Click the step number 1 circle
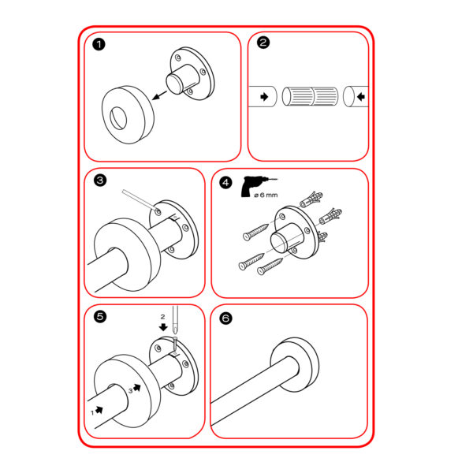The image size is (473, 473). click(x=99, y=45)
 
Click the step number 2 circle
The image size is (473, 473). click(x=263, y=43)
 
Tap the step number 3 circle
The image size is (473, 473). click(x=100, y=181)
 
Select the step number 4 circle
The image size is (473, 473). click(x=225, y=183)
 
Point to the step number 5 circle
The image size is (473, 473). click(x=100, y=317)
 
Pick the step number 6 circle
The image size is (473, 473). click(x=226, y=318)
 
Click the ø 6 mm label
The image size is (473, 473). click(x=266, y=196)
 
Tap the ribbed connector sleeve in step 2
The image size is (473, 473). click(x=310, y=96)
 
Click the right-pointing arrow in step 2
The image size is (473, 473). click(x=264, y=97)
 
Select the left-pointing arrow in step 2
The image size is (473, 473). click(x=361, y=97)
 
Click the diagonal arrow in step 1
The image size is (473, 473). click(x=159, y=95)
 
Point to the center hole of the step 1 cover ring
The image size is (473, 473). click(x=118, y=118)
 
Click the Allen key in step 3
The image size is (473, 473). click(x=140, y=200)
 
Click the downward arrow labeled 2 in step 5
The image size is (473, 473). click(x=163, y=327)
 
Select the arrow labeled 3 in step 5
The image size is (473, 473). click(x=137, y=387)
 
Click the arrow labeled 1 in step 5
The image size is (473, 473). click(x=99, y=410)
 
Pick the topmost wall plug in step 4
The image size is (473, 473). click(x=311, y=199)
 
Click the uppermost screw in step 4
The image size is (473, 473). click(x=255, y=233)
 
